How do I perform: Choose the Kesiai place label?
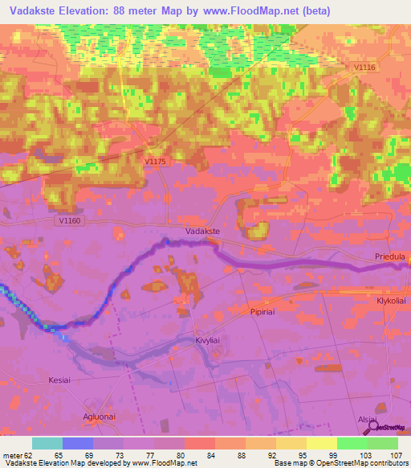click(x=60, y=380)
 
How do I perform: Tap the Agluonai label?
click(x=101, y=416)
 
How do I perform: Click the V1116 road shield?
click(x=364, y=68)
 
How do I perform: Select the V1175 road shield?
click(x=155, y=162)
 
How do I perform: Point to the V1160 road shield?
click(x=71, y=220)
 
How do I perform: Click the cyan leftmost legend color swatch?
click(x=47, y=443)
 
